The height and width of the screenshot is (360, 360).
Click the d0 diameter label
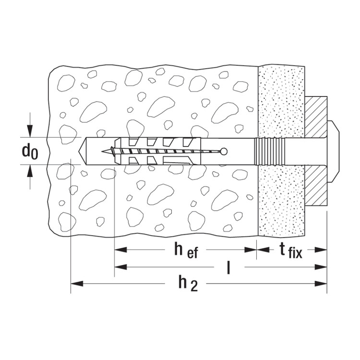click(x=30, y=152)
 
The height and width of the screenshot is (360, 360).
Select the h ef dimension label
click(x=186, y=251)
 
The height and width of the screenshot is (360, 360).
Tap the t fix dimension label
click(x=291, y=251)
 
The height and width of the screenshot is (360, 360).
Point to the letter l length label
click(x=228, y=267)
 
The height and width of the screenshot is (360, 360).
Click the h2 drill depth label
click(x=188, y=284)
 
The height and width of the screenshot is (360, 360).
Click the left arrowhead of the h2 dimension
click(x=77, y=284)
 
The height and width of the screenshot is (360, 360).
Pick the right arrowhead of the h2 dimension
click(x=321, y=284)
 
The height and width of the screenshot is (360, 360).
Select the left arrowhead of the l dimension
click(x=120, y=267)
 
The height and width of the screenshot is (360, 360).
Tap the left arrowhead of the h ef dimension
click(x=120, y=250)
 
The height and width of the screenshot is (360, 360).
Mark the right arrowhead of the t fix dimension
click(x=321, y=250)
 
